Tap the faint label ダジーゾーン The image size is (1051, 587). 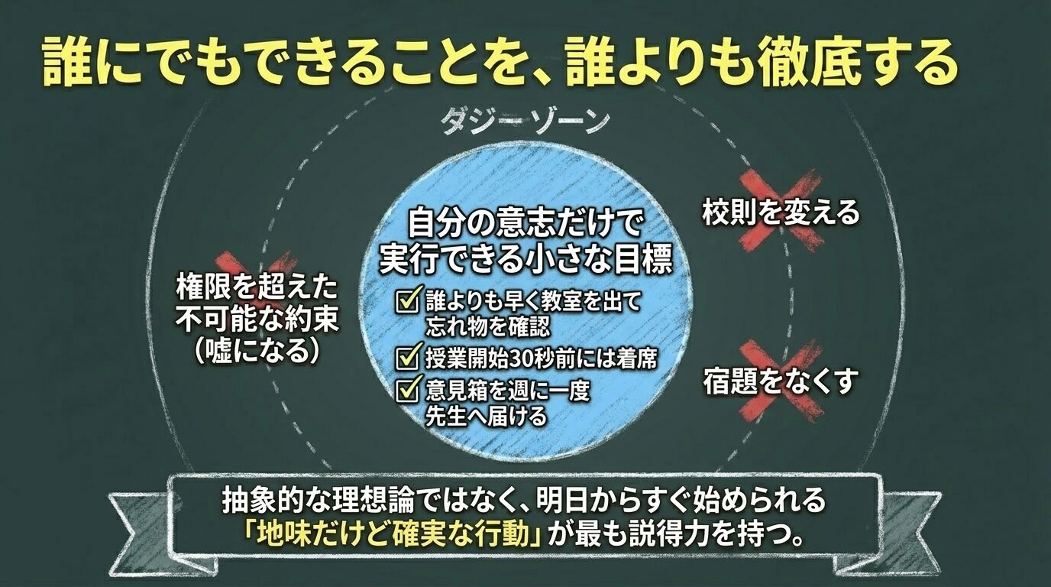click(x=525, y=122)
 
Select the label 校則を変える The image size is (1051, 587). click(x=781, y=213)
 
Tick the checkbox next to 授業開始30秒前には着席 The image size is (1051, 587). click(x=406, y=357)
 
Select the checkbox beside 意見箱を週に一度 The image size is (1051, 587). click(x=406, y=391)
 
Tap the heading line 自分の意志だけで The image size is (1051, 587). click(x=526, y=225)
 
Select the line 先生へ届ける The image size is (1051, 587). click(x=487, y=416)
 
